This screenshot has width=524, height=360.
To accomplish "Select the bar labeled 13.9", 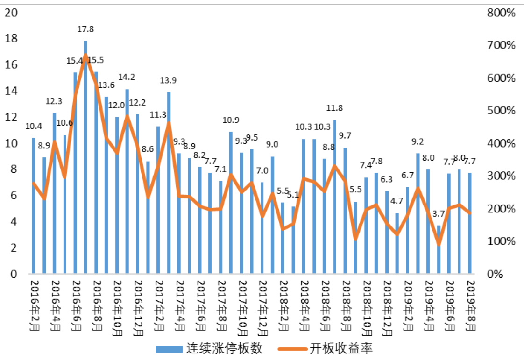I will pos(169,182).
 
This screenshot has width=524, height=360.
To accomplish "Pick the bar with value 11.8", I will pos(335,196).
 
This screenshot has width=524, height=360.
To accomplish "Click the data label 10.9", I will pos(231,120).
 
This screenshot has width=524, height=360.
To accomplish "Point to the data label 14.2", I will pos(127,77).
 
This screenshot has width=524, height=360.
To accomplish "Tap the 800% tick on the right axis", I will pos(501,13).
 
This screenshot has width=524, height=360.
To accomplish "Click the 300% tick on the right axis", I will pos(501,176).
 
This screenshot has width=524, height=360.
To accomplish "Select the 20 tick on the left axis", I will pos(11,13).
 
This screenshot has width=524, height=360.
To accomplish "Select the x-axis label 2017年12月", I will pos(262,309).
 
